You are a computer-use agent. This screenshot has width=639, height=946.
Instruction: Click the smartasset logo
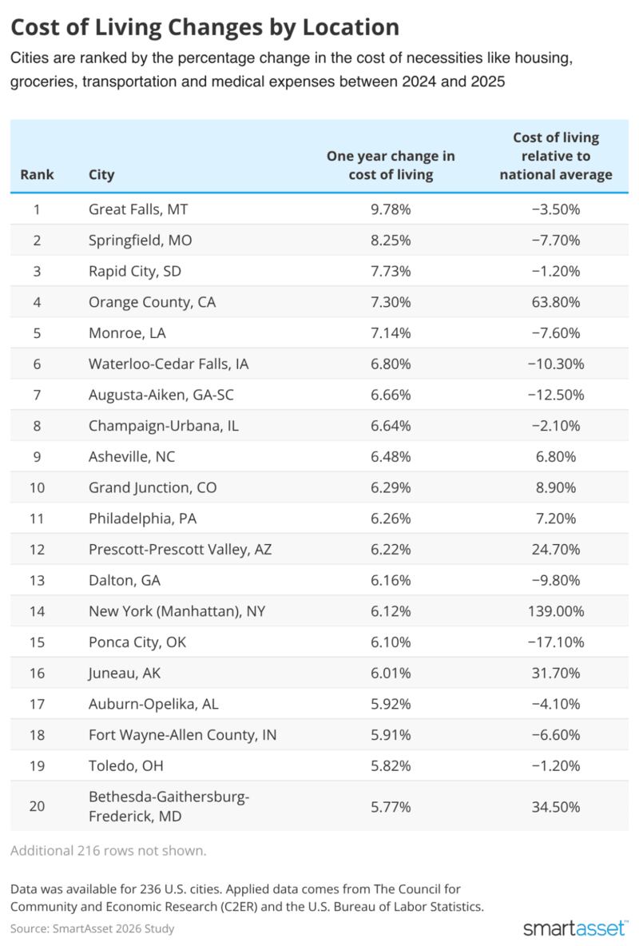tap(575, 927)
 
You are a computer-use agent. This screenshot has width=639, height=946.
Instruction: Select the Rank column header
tap(37, 174)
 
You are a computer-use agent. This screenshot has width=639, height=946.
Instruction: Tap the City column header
tap(101, 174)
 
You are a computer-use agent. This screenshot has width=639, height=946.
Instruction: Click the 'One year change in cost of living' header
tap(391, 165)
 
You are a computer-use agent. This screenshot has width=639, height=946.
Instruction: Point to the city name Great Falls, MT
tap(138, 209)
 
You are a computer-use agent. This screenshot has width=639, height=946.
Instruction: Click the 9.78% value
tap(391, 209)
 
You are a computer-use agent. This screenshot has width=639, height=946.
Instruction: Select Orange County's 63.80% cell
tap(556, 302)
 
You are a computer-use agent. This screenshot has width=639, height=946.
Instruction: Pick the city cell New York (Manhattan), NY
tap(177, 611)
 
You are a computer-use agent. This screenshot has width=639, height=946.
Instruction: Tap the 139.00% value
tap(556, 611)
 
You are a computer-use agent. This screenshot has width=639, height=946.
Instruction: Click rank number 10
tap(37, 487)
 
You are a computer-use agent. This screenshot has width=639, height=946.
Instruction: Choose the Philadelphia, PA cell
tap(142, 519)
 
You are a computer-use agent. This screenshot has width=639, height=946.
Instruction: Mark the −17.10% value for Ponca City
tap(556, 642)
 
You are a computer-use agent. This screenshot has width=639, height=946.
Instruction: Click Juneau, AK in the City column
tap(125, 673)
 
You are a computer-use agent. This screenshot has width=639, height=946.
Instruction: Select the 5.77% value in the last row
tap(391, 807)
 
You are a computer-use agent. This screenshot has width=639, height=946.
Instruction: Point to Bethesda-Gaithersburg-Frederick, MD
tap(169, 806)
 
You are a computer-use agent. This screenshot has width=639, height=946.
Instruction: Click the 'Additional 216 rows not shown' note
tap(108, 851)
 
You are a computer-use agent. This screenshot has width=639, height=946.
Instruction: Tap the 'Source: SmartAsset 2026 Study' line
tap(93, 928)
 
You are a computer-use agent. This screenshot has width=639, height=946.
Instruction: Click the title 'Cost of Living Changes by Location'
tap(205, 27)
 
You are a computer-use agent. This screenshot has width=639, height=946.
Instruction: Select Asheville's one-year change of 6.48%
tap(391, 457)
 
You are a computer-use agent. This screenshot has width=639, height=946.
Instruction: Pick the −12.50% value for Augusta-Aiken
tap(556, 395)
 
